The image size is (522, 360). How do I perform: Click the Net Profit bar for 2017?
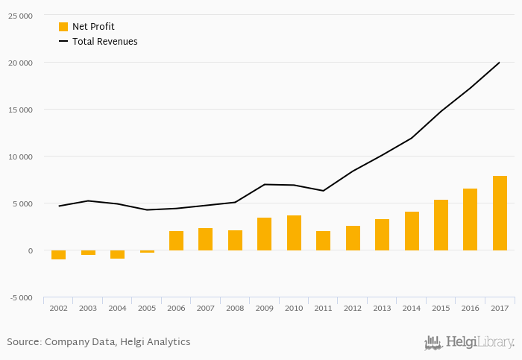(x=500, y=213)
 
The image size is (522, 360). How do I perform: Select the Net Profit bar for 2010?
(x=294, y=233)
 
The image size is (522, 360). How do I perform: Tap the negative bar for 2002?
(x=58, y=255)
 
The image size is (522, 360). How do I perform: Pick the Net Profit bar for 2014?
(x=412, y=231)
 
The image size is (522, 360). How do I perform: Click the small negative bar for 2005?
(x=147, y=252)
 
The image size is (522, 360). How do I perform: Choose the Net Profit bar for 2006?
(x=176, y=241)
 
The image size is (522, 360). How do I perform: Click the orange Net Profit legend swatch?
(x=63, y=27)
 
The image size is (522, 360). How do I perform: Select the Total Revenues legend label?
(x=105, y=42)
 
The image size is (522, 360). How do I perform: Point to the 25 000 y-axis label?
(x=20, y=16)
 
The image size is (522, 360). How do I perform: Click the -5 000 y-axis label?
(x=20, y=297)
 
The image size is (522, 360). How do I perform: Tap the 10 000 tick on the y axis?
(x=20, y=157)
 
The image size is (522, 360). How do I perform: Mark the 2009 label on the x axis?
(x=264, y=307)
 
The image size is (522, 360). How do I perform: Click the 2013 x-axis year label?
(x=382, y=307)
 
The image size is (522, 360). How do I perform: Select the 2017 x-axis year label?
(x=500, y=307)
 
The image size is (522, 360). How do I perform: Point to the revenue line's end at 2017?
(x=499, y=63)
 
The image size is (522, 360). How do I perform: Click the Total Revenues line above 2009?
(x=264, y=184)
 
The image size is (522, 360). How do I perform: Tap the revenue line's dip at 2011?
(x=323, y=191)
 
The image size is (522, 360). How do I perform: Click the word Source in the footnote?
(x=23, y=342)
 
